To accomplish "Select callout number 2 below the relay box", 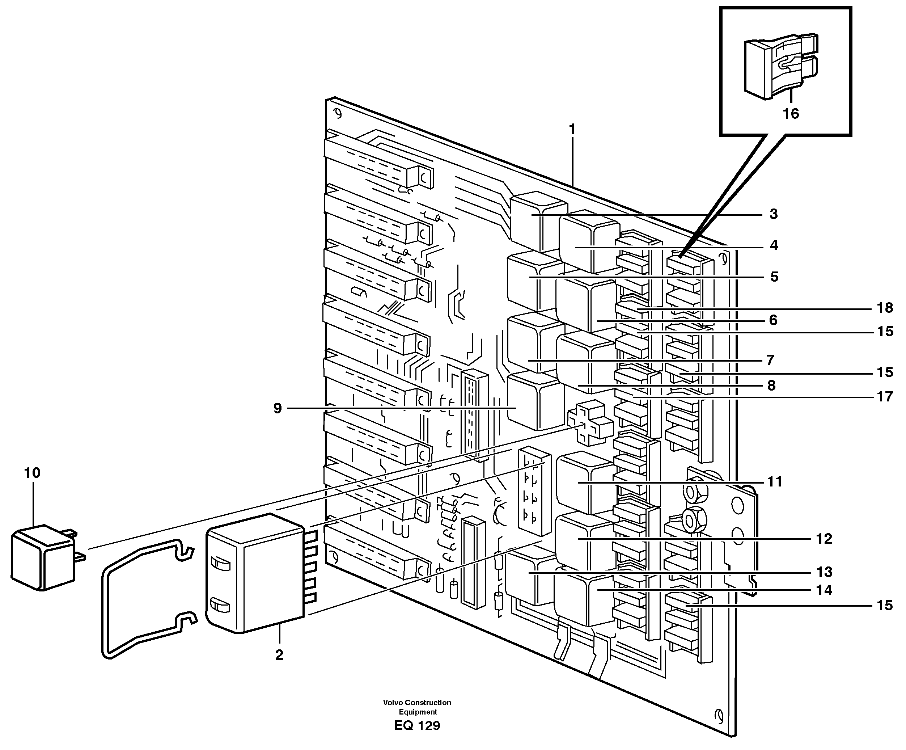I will (279, 655).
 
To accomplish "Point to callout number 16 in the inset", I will (791, 114).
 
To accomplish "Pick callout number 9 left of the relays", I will (278, 408).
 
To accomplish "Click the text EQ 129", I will (417, 726).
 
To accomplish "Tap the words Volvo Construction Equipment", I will (417, 707).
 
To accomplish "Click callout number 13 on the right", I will (824, 572).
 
